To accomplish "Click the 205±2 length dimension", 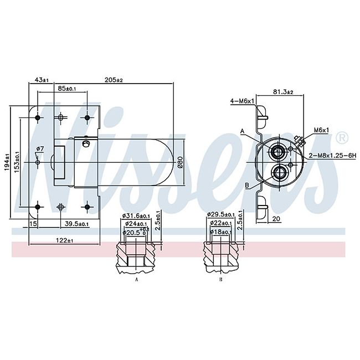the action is coord(114,80).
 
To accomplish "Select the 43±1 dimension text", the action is coord(42,80).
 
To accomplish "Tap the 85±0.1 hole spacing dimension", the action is coord(67,89).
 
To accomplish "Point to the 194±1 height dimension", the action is coord(7,162).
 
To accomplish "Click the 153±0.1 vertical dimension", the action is coord(17,162).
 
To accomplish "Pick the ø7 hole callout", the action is coord(40,149).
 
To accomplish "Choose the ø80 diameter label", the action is coord(180,162).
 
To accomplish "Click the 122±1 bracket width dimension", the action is coord(64,240).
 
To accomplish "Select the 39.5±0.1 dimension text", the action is coord(76,224).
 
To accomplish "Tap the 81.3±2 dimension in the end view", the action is coord(283,92).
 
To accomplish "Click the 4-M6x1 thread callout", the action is coord(242,101).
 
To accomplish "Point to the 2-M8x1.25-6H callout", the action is coord(332,156).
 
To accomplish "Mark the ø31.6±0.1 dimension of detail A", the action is coord(136,215).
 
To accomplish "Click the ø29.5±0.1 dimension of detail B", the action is coord(220,214).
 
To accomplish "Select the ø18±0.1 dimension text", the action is coord(220,232).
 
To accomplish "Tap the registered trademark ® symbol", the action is coord(342,138).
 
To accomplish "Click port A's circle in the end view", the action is coord(277,152).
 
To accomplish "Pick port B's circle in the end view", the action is coord(279,172).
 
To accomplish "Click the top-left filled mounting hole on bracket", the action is coord(38,118).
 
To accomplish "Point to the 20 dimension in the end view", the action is coord(276,219).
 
